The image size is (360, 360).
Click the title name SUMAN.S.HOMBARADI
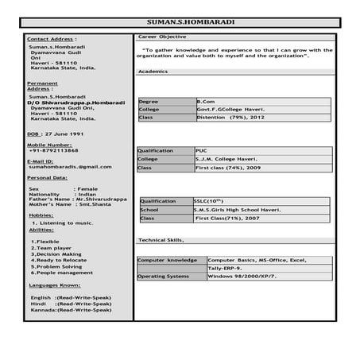[180, 23]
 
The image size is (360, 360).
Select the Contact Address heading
[52, 38]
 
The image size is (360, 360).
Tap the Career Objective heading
[162, 37]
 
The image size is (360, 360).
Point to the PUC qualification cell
[202, 149]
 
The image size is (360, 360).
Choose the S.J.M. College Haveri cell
[226, 159]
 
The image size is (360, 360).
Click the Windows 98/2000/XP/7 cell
[242, 276]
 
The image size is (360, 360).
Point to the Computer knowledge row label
[167, 260]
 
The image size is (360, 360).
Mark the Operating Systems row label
[164, 276]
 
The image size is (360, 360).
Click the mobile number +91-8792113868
[54, 151]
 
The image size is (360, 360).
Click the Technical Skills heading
[161, 239]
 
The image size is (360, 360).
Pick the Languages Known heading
[54, 284]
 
